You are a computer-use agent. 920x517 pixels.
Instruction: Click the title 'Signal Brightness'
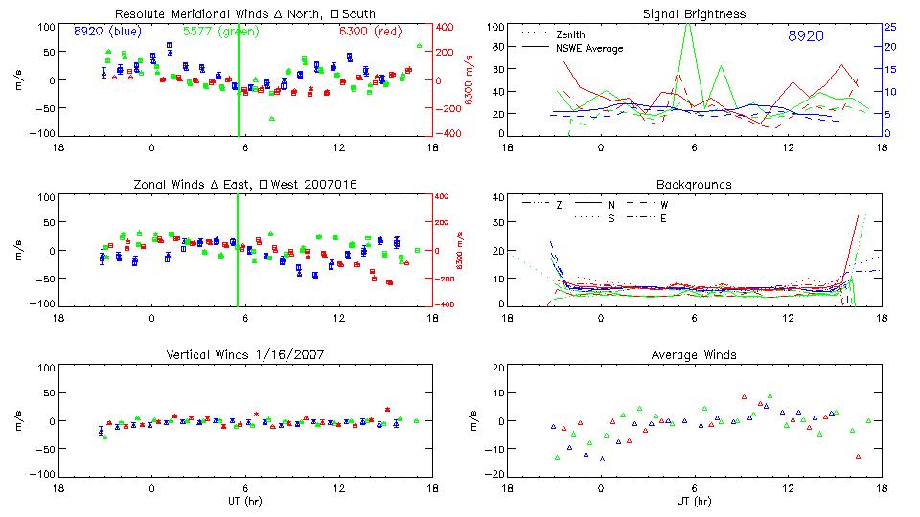pos(695,14)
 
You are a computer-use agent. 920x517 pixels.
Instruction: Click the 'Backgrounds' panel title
pos(695,184)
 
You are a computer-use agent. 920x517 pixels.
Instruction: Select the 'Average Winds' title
pos(695,355)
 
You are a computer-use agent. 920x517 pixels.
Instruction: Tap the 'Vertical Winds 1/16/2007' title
pos(245,355)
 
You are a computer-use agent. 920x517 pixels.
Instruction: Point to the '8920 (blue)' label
pos(107,32)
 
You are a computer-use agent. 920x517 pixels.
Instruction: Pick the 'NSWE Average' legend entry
pos(590,48)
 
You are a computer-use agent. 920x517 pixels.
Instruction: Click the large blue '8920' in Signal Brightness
pos(805,36)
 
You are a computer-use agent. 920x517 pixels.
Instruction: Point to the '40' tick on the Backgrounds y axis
pos(496,198)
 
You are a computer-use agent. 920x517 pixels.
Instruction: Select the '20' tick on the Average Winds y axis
pos(496,368)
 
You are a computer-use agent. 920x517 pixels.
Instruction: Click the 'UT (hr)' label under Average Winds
pos(695,501)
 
